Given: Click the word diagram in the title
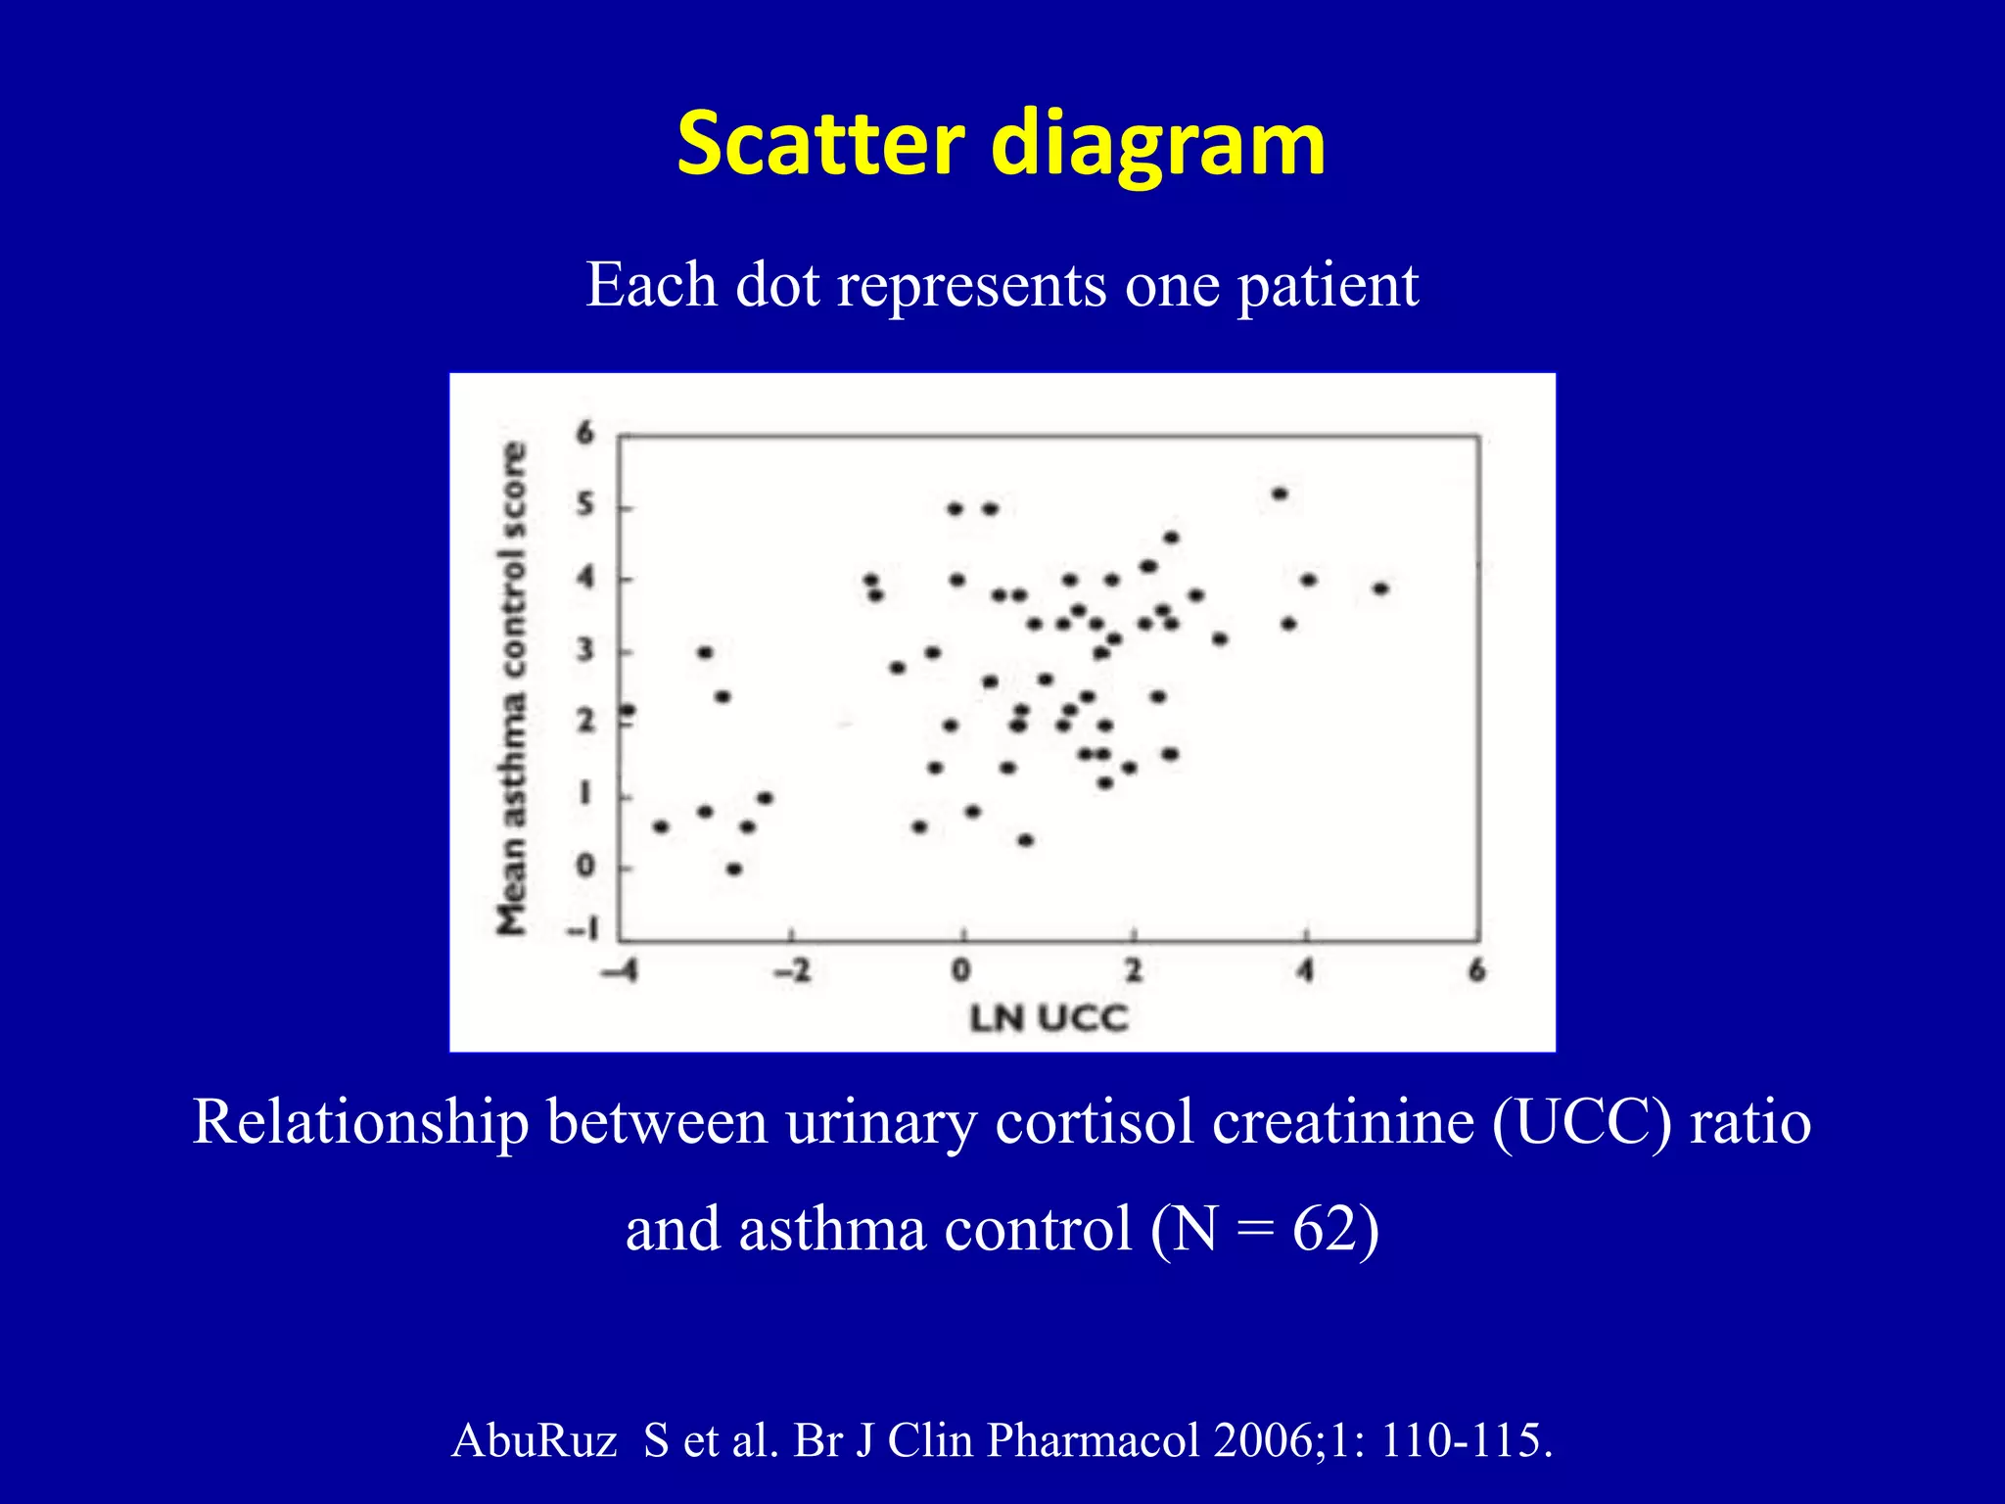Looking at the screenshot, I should tap(1158, 147).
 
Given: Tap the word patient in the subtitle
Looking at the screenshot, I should tap(1328, 286).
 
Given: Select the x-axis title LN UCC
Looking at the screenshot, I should tap(1049, 1018).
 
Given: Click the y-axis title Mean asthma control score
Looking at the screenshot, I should tap(512, 688).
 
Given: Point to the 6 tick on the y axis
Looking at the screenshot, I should tap(585, 433).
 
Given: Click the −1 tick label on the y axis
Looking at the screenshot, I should tap(583, 929).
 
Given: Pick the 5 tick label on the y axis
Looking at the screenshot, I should tap(585, 505).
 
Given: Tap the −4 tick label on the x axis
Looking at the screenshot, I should tap(620, 971).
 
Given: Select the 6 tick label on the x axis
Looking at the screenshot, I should tap(1477, 970).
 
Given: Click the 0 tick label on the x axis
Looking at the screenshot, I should tap(961, 970).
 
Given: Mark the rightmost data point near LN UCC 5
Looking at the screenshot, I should tap(1380, 588).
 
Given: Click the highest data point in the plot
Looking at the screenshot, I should tap(1280, 493).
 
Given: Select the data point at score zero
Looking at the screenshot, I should tap(734, 869).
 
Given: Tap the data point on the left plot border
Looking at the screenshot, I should tap(628, 710).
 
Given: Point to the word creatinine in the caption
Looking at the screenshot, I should tap(1342, 1122).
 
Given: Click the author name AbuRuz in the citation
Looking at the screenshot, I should tap(535, 1440).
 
